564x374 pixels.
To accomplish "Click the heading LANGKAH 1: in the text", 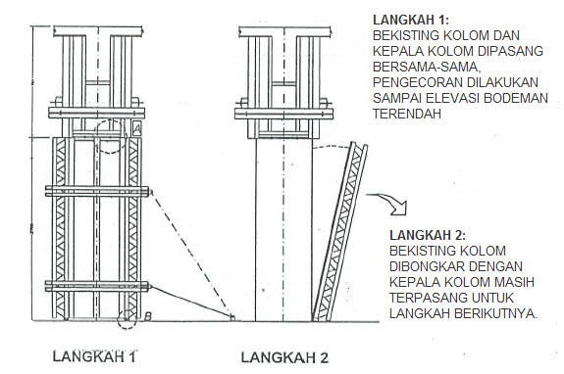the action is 415,19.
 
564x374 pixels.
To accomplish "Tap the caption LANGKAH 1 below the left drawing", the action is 94,355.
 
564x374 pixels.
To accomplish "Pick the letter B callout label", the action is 147,314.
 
